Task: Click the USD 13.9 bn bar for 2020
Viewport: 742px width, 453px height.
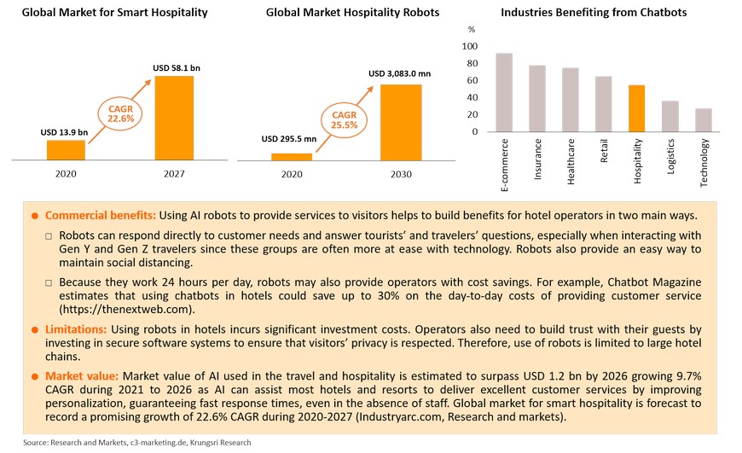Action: [x=66, y=149]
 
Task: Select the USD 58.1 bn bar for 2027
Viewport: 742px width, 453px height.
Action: [x=173, y=118]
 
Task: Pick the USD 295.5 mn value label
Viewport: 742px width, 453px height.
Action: [x=288, y=139]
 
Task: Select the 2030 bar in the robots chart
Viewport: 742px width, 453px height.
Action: [x=400, y=121]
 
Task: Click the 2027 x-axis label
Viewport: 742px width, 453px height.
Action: [x=173, y=173]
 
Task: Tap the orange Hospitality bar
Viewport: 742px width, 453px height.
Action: [x=636, y=108]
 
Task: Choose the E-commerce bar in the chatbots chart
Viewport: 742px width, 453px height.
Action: [x=504, y=92]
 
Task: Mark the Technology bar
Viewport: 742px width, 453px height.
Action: [x=703, y=120]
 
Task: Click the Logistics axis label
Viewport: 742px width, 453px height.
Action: [x=671, y=157]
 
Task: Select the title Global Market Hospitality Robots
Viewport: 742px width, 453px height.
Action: [x=353, y=13]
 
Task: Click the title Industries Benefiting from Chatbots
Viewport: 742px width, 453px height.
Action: [x=594, y=13]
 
